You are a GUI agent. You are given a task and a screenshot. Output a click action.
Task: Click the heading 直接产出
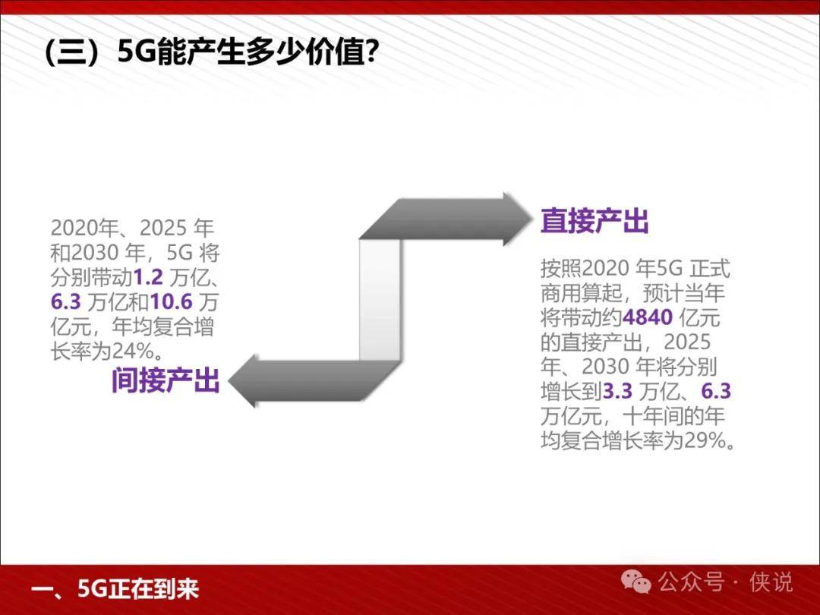coord(594,221)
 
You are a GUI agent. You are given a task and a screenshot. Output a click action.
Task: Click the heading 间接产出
coord(166,380)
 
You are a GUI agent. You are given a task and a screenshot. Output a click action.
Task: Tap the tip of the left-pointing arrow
coord(229,380)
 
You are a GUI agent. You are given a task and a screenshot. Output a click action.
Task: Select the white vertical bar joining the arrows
coord(380,300)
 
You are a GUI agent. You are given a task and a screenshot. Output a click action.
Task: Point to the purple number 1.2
coord(149,278)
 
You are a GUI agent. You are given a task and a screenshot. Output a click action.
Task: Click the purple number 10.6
coord(172,302)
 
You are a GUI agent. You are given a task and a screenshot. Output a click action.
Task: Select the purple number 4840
coord(648,317)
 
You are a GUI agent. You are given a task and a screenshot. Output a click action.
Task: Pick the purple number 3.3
coord(617,391)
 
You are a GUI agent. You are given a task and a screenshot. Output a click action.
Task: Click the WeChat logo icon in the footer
coord(635,582)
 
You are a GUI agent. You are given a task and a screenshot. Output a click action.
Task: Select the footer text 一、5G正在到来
coord(115,589)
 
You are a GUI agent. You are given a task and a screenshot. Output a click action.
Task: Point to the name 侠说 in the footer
coord(771,582)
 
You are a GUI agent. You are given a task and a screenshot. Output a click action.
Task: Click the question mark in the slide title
coord(371,53)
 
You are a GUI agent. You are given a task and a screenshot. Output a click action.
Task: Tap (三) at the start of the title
coord(78,53)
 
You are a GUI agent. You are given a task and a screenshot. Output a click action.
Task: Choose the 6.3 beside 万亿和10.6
coord(66,302)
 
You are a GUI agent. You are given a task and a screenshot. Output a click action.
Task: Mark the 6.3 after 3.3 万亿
coord(716,391)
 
